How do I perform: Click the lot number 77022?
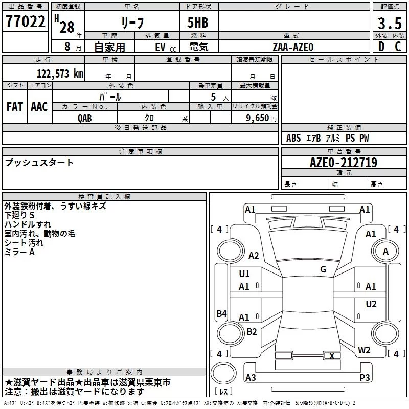pyautogui.click(x=25, y=21)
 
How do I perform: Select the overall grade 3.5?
pyautogui.click(x=390, y=23)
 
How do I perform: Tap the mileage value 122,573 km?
pyautogui.click(x=60, y=73)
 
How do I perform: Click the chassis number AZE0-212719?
pyautogui.click(x=344, y=163)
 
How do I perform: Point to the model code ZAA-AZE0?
pyautogui.click(x=293, y=47)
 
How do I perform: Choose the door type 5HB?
pyautogui.click(x=198, y=22)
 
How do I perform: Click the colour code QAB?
pyautogui.click(x=85, y=118)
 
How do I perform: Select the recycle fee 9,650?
pyautogui.click(x=258, y=118)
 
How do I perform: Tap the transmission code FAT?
pyautogui.click(x=15, y=107)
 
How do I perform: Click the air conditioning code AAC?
pyautogui.click(x=39, y=107)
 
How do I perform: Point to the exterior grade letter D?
pyautogui.click(x=381, y=47)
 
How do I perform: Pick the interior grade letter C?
pyautogui.click(x=398, y=47)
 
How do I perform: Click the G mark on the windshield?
pyautogui.click(x=323, y=269)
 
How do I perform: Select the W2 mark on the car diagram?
pyautogui.click(x=364, y=350)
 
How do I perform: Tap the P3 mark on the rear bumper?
pyautogui.click(x=365, y=377)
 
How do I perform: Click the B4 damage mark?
pyautogui.click(x=222, y=313)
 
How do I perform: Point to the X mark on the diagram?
pyautogui.click(x=332, y=356)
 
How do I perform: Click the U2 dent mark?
pyautogui.click(x=371, y=304)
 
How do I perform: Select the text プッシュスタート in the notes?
pyautogui.click(x=39, y=163)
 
